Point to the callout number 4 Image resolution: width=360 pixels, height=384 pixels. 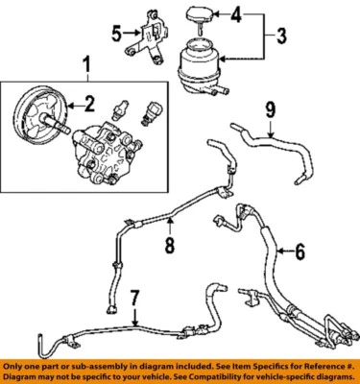[238, 14]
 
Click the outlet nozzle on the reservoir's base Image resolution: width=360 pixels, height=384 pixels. [227, 89]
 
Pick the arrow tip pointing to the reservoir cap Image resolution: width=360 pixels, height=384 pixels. [213, 14]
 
